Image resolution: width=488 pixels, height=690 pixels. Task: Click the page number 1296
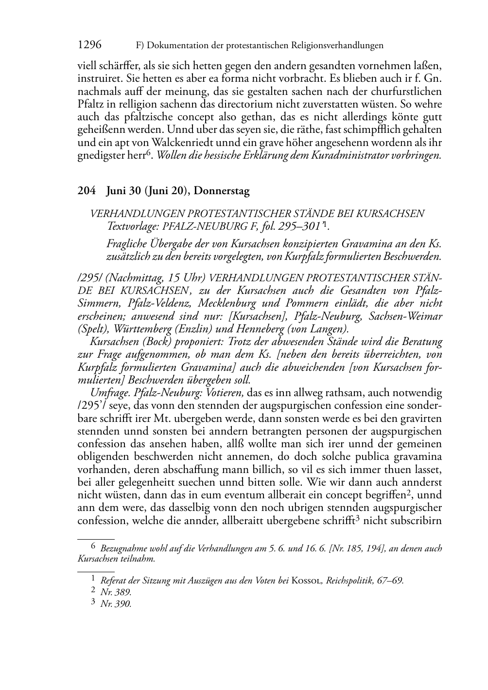[89, 45]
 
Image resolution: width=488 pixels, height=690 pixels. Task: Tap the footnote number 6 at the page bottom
[94, 547]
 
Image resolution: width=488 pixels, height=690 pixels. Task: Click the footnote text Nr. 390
[116, 604]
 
